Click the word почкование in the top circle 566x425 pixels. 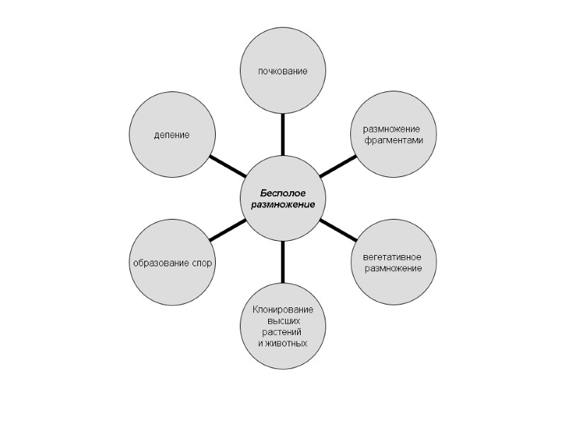click(283, 72)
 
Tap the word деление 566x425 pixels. click(172, 135)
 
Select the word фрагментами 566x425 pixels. click(394, 140)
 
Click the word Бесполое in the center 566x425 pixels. click(282, 193)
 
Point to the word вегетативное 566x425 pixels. click(393, 256)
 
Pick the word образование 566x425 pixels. click(158, 263)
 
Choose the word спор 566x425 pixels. click(202, 263)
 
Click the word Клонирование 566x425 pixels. click(283, 310)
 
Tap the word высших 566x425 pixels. click(282, 321)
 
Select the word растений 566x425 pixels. click(282, 331)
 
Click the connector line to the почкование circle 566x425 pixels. click(283, 134)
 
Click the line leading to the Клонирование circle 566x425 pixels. click(283, 261)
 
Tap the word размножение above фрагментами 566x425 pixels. click(392, 129)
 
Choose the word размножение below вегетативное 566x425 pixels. click(393, 268)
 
